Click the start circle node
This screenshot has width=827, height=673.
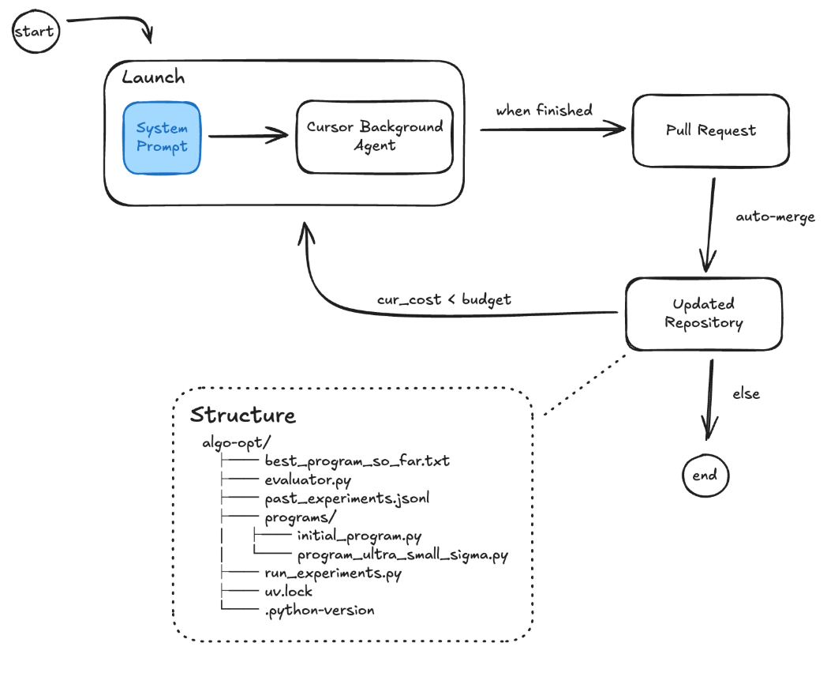pos(35,32)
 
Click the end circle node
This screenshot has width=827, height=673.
pos(705,476)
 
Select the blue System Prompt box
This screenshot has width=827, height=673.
pos(162,137)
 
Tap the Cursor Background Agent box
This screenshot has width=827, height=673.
pos(375,136)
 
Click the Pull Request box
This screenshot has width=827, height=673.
pos(710,130)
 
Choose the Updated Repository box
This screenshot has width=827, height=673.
pos(703,313)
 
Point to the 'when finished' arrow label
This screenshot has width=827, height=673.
pos(544,111)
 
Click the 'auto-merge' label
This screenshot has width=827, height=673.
pos(775,216)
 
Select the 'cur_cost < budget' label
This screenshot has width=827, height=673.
pos(443,299)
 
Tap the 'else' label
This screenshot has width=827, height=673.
pos(746,393)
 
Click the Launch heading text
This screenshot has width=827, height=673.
pos(153,77)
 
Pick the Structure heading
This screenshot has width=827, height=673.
pos(242,415)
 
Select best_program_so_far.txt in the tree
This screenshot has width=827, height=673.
pos(357,460)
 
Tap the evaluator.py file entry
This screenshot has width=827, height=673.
pos(307,479)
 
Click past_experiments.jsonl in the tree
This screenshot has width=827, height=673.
pos(346,498)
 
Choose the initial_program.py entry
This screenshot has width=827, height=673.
pos(359,536)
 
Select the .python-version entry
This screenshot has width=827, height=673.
pos(320,610)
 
